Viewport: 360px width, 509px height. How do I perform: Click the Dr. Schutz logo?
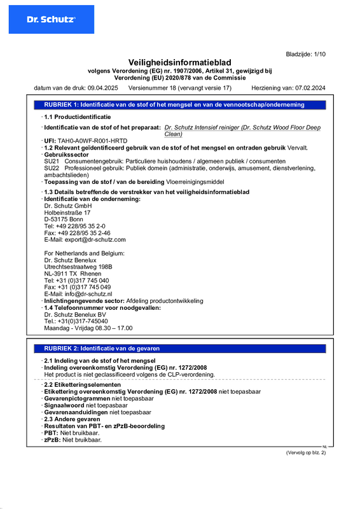(x=51, y=20)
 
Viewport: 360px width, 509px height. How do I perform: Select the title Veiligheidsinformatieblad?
(x=179, y=62)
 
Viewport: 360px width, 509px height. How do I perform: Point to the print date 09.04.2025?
(x=103, y=88)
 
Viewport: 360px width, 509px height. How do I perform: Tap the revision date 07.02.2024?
(x=310, y=88)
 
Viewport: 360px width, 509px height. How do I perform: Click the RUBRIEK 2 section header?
(x=102, y=349)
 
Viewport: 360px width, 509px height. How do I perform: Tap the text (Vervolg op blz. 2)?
(x=305, y=452)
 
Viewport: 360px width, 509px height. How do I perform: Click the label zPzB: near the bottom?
(x=52, y=440)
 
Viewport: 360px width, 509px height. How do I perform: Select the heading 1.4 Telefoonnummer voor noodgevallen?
(x=102, y=307)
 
